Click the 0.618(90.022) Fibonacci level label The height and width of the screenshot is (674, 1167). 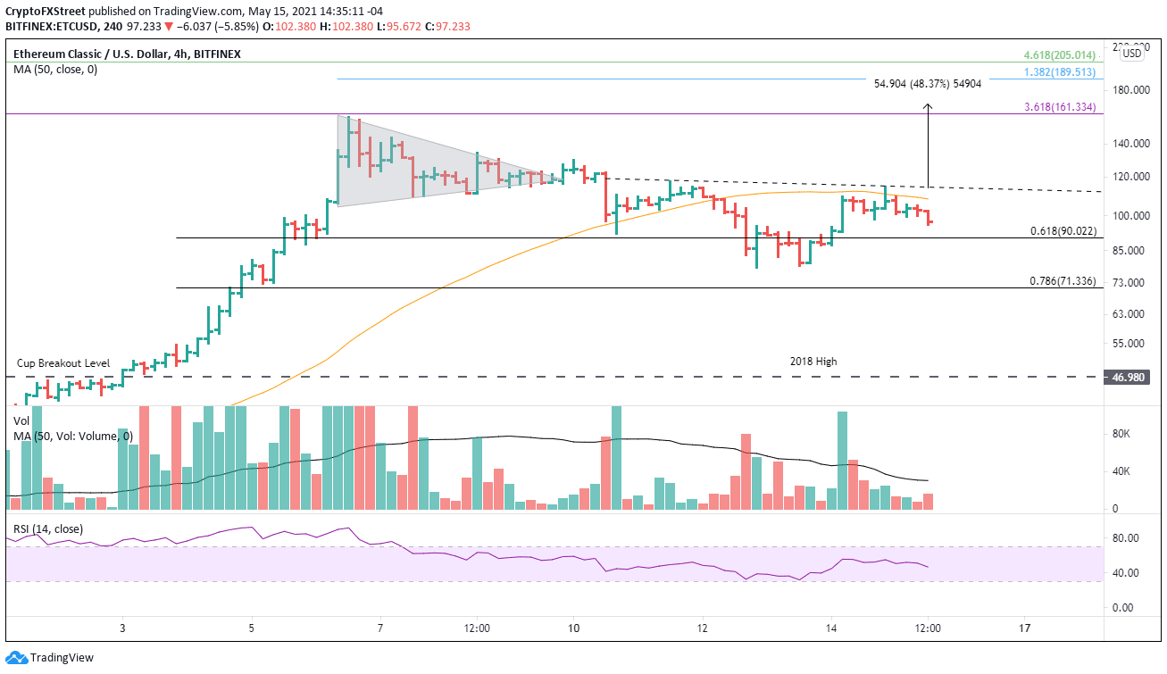pos(1063,231)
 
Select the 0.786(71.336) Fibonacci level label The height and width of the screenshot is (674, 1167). pos(1063,281)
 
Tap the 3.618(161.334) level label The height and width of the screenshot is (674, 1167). pos(1063,107)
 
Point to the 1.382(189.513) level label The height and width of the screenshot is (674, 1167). pos(1063,72)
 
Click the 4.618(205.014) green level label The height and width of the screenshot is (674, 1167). pos(1063,55)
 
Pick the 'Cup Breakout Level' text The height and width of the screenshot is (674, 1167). pos(63,363)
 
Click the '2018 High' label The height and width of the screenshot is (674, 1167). pos(813,362)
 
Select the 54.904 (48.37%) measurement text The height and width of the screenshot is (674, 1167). pos(928,83)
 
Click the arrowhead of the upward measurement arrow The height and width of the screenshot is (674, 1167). pos(929,107)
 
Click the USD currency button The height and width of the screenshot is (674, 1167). pos(1131,53)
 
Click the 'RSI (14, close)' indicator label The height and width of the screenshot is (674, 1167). pos(48,528)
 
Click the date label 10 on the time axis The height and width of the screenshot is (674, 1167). pos(573,628)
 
